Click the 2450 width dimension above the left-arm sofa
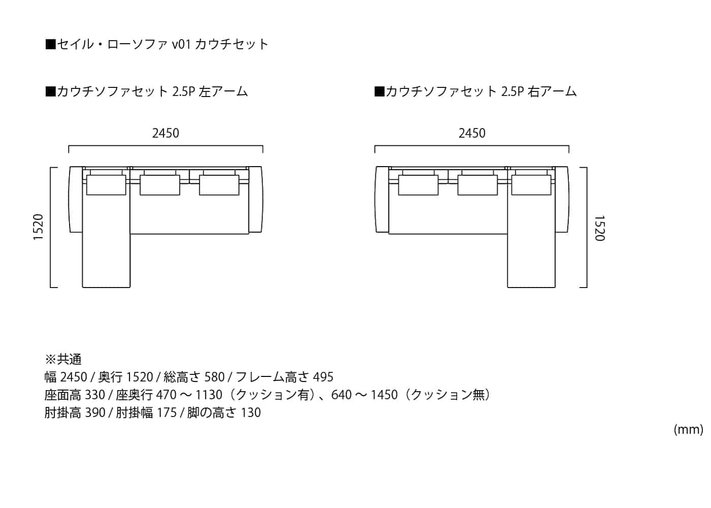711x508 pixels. click(x=166, y=133)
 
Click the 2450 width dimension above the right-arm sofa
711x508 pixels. click(x=472, y=133)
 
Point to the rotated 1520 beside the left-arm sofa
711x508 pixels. click(x=39, y=227)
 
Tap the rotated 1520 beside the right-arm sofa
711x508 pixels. click(x=599, y=228)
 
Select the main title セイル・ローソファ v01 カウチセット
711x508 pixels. click(x=157, y=44)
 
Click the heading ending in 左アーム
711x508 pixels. click(x=147, y=91)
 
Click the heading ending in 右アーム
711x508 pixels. click(x=475, y=91)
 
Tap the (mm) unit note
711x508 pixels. click(x=688, y=430)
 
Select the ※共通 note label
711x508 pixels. click(x=63, y=360)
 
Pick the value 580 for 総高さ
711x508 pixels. click(x=214, y=377)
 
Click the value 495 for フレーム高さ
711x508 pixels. click(x=323, y=377)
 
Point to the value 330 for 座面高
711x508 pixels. click(x=95, y=395)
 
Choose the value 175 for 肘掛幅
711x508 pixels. click(x=167, y=412)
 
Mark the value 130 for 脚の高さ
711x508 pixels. click(x=250, y=412)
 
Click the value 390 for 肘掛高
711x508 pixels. click(x=95, y=412)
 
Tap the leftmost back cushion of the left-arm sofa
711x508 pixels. click(x=106, y=185)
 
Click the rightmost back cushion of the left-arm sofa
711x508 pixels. click(x=219, y=185)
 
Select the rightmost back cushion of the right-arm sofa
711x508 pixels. click(x=531, y=185)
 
